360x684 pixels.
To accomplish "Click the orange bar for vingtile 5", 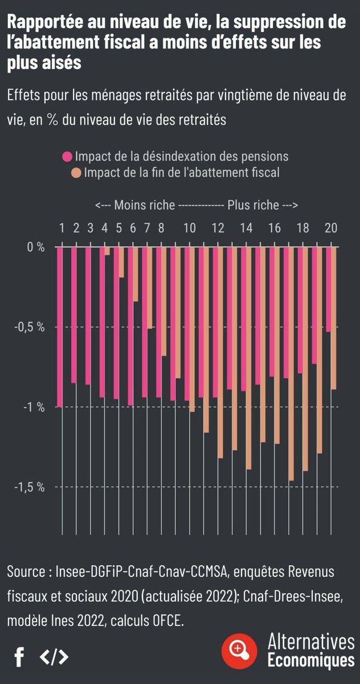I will pos(121,262).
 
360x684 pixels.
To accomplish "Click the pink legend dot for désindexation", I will pos(68,156).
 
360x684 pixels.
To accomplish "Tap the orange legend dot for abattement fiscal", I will pos(76,172).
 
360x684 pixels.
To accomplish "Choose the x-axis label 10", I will pos(190,229).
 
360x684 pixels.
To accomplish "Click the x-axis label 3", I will pos(90,229).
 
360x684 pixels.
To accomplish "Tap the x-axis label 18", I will pos(303,229).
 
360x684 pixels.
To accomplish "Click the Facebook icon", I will pos(19,657).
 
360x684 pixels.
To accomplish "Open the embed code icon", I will pos(54,657).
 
